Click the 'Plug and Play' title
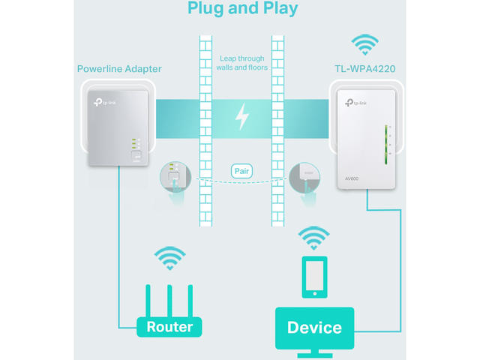[x=241, y=8]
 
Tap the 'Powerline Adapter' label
[x=119, y=69]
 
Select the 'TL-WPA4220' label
[x=364, y=69]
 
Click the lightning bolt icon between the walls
[x=241, y=116]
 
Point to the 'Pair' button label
[x=241, y=171]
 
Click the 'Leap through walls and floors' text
[x=241, y=63]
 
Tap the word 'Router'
[x=169, y=327]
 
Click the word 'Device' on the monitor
[x=314, y=327]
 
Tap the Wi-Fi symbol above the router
[x=170, y=259]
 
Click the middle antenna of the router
[x=170, y=298]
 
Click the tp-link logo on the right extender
[x=355, y=102]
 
